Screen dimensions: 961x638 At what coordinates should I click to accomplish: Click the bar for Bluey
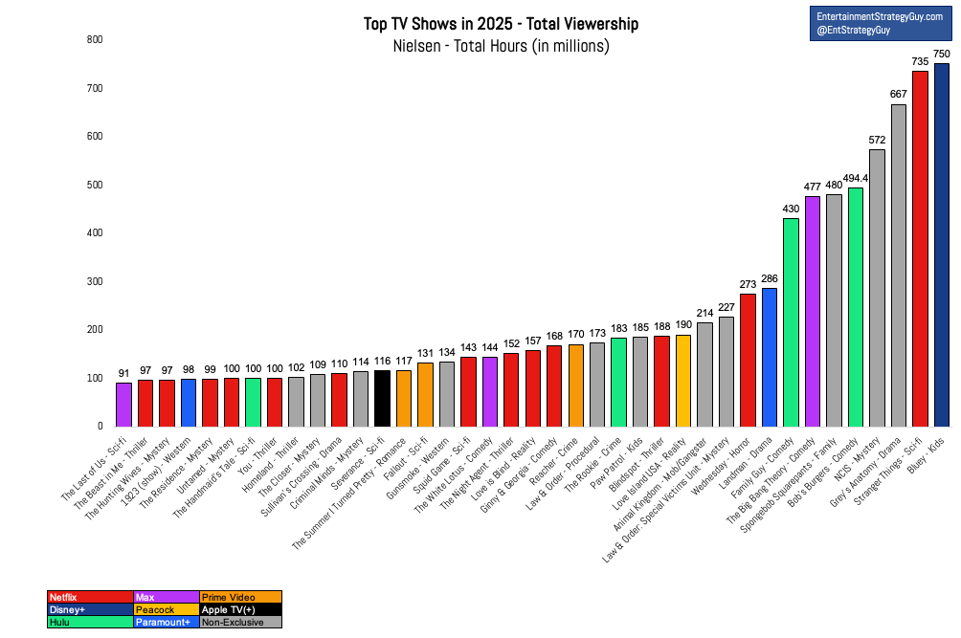coord(942,245)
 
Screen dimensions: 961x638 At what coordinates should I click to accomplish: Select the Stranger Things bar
coord(920,249)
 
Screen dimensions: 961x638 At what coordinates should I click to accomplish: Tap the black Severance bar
coord(382,399)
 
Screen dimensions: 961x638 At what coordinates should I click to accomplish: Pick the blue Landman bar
coord(770,358)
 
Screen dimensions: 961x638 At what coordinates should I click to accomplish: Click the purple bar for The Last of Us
coord(123,405)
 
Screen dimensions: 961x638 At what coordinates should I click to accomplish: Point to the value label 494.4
coord(856,178)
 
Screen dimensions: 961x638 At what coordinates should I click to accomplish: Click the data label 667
coord(899,94)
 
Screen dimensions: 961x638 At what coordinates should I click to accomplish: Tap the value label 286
coord(770,278)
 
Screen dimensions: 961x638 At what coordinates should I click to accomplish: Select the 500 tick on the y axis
coord(95,185)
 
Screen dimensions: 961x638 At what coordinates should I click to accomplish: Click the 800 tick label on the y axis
coord(95,39)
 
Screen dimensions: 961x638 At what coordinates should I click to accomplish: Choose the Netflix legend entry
coord(90,597)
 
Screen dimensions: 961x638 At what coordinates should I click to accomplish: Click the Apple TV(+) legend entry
coord(241,610)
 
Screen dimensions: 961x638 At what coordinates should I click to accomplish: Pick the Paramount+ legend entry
coord(167,622)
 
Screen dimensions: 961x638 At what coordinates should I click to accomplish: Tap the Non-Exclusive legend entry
coord(241,622)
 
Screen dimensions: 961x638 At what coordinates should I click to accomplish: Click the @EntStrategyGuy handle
coord(853,30)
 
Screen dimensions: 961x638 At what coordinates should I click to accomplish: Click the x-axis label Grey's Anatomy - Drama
coord(864,472)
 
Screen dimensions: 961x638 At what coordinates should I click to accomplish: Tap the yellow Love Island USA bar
coord(683,381)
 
